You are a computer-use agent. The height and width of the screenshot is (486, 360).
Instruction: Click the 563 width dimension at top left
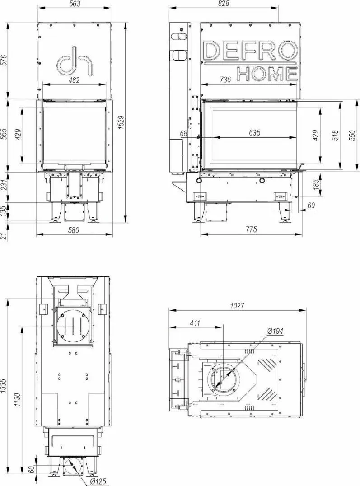(x=75, y=4)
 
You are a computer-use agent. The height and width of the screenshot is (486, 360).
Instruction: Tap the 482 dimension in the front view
(x=74, y=80)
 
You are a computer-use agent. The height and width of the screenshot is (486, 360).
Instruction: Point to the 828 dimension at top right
(x=223, y=4)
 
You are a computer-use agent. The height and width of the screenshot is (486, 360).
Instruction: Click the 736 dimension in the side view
(x=225, y=79)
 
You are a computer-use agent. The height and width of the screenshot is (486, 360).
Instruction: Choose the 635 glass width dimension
(x=254, y=133)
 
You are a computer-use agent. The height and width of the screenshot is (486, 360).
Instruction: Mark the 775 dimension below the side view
(x=252, y=229)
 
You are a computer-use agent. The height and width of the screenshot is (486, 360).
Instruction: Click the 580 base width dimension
(x=74, y=230)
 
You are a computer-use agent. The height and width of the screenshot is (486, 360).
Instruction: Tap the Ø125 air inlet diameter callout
(x=98, y=481)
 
